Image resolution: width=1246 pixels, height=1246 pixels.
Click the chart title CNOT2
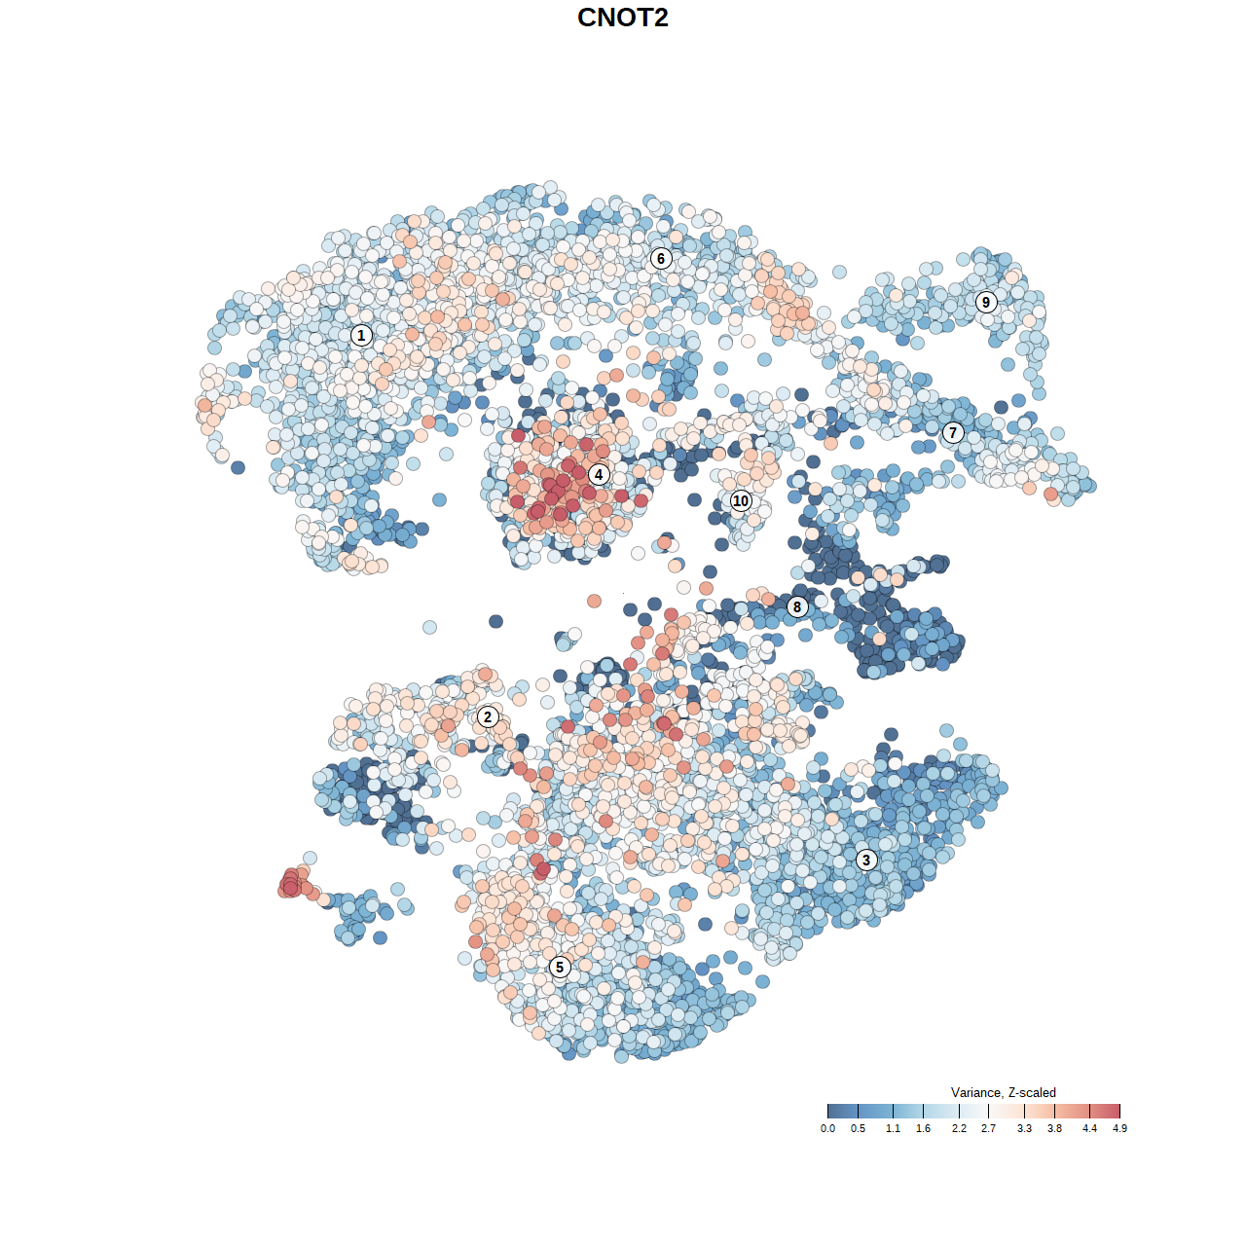coord(623,18)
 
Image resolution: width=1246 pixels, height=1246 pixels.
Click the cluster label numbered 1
coord(361,336)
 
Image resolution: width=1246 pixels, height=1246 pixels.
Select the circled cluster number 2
coord(488,717)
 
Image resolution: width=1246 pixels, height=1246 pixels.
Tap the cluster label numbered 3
coord(866,860)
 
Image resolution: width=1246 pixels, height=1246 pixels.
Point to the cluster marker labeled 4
coord(599,474)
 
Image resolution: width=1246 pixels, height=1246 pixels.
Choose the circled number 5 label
coord(560,967)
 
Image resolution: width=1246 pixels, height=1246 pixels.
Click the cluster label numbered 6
coord(661,258)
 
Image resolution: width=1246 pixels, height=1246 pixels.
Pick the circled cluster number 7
coord(953,433)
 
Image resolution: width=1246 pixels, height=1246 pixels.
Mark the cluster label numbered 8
coord(797,607)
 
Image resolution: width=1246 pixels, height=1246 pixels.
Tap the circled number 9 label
coord(986,302)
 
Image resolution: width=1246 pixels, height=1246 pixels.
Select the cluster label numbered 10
coord(741,500)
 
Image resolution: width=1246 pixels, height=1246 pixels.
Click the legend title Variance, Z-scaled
coord(1003,1092)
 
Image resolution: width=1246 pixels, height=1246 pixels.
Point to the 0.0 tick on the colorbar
coord(827,1128)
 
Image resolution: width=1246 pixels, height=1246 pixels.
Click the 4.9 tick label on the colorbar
coord(1119,1128)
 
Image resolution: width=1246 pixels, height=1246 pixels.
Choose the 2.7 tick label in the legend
coord(989,1128)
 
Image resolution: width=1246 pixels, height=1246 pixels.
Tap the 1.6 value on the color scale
coord(923,1128)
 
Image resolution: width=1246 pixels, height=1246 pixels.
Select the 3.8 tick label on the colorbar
coord(1054,1128)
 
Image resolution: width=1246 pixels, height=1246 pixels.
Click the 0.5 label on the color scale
coord(858,1128)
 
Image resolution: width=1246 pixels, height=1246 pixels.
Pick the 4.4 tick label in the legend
coord(1089,1128)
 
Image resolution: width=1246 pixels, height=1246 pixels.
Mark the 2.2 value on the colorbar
coord(959,1128)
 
